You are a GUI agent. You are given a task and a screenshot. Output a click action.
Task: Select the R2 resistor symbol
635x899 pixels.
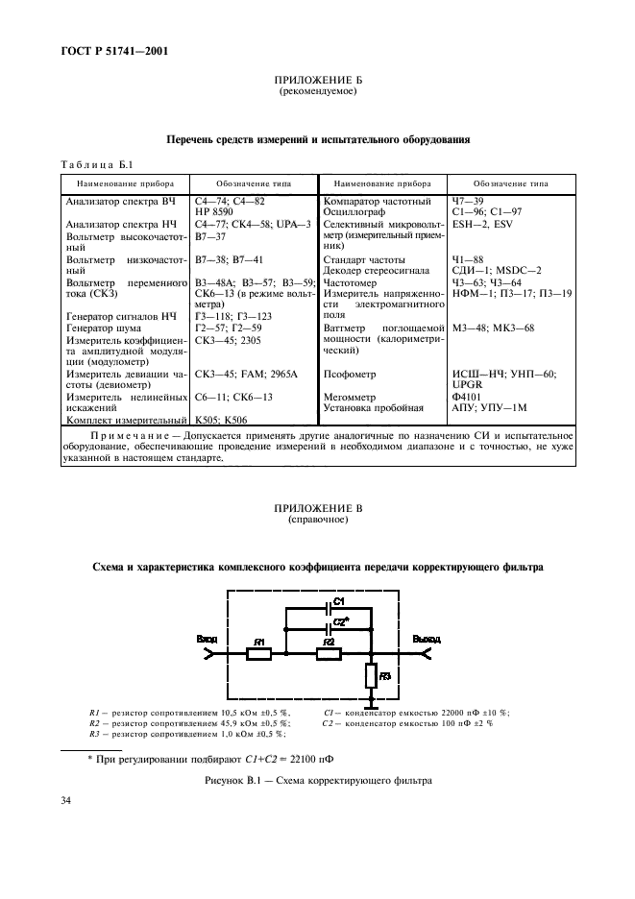point(329,654)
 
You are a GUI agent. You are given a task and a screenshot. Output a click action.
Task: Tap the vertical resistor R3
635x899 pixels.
point(371,678)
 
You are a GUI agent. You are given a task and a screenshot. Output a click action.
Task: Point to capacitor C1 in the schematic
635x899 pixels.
point(329,610)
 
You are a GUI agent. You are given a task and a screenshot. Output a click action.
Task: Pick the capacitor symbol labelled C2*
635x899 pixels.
point(329,629)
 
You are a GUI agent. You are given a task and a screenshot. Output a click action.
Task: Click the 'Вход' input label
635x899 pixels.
point(207,639)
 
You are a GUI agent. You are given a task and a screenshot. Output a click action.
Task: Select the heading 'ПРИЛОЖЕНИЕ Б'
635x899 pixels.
point(317,82)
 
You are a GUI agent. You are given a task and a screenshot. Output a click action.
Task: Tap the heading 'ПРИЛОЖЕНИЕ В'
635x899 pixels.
point(317,508)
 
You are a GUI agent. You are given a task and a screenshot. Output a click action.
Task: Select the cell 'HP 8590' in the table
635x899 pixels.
point(215,210)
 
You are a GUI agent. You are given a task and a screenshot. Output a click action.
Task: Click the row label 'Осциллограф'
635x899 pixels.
point(355,210)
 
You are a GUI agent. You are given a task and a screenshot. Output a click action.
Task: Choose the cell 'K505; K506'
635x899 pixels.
point(221,421)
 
